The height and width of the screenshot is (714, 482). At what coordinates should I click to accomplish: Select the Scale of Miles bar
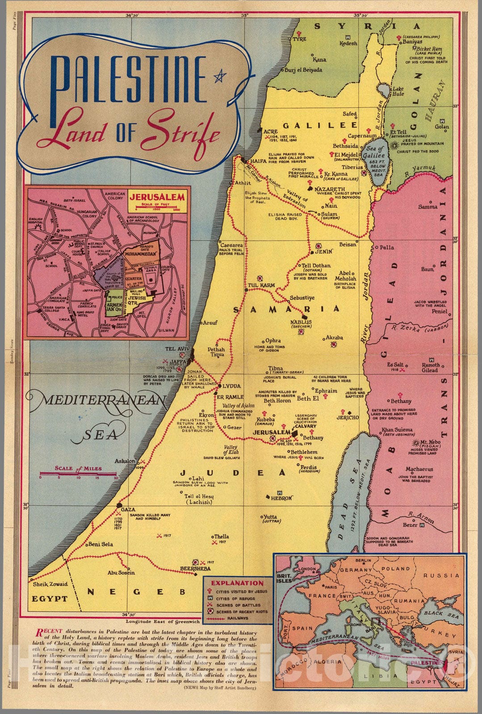pos(78,473)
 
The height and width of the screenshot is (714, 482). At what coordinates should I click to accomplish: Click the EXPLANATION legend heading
pos(237,583)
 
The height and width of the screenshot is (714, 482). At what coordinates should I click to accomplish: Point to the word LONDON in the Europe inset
pos(310,570)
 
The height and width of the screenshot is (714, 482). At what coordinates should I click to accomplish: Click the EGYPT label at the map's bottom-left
pos(50,599)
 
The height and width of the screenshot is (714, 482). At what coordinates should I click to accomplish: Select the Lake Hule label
pos(398,91)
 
